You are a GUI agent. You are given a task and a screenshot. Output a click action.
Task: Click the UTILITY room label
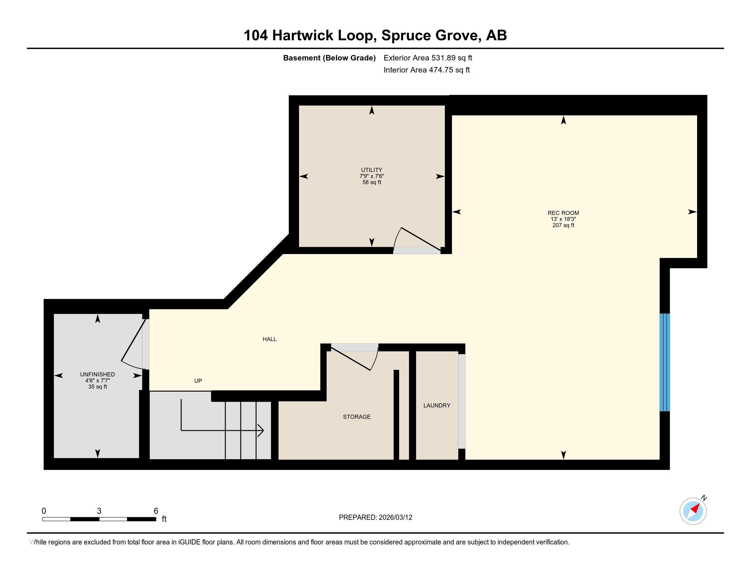[x=371, y=170]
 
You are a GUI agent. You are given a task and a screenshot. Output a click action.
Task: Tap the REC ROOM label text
[x=563, y=213]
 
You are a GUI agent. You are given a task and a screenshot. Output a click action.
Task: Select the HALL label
[x=270, y=339]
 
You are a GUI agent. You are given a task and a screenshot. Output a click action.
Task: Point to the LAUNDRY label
[x=437, y=405]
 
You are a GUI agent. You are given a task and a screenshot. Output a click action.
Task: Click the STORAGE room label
[x=357, y=417]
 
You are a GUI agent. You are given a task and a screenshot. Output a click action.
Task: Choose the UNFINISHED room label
[x=97, y=375]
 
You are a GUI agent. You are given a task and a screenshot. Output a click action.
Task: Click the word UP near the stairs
[x=198, y=381]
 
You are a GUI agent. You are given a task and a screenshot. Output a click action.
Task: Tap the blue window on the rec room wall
[x=665, y=362]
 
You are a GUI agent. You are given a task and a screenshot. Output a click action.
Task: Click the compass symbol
[x=693, y=511]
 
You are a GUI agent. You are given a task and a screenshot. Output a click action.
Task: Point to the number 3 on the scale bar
[x=99, y=511]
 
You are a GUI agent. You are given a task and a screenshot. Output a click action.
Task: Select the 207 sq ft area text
[x=563, y=226]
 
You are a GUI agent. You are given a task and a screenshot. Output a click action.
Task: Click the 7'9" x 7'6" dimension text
[x=372, y=176]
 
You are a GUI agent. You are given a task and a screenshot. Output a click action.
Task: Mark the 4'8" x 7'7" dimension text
[x=97, y=381]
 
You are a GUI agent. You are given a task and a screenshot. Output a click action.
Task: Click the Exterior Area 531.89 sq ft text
[x=428, y=58]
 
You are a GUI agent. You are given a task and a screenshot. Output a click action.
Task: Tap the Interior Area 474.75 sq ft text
[x=427, y=70]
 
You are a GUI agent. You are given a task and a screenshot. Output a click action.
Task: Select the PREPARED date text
[x=375, y=518]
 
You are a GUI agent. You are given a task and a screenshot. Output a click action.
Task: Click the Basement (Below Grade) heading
[x=329, y=58]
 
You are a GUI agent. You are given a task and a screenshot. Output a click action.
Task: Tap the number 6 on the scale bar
[x=156, y=511]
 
